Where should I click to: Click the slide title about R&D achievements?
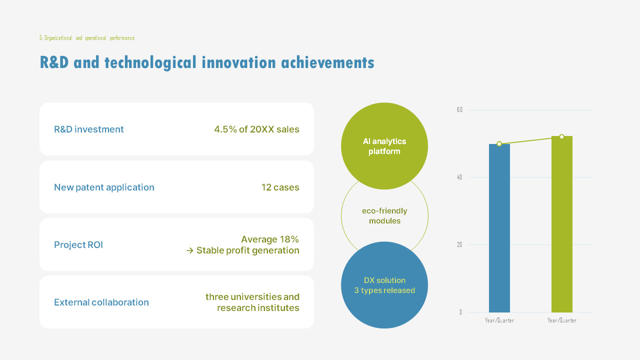click(206, 63)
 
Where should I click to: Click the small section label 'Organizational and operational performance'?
click(87, 38)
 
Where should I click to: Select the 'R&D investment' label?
click(89, 129)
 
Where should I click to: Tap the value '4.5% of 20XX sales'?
click(256, 129)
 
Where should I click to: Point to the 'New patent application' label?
click(104, 187)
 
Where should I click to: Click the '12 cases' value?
click(280, 187)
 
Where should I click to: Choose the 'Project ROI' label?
click(78, 245)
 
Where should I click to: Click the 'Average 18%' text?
click(270, 239)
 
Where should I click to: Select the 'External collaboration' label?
click(101, 302)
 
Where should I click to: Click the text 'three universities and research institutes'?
click(252, 302)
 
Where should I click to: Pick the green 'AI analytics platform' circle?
click(384, 146)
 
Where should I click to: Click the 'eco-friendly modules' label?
click(384, 216)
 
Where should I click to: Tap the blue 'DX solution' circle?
click(384, 285)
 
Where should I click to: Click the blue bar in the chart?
click(499, 230)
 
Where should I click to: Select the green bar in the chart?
click(561, 225)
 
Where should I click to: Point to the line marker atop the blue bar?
click(499, 144)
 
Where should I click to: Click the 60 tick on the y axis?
click(459, 110)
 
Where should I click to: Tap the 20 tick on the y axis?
click(459, 245)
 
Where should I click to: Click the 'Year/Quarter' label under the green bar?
click(561, 320)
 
